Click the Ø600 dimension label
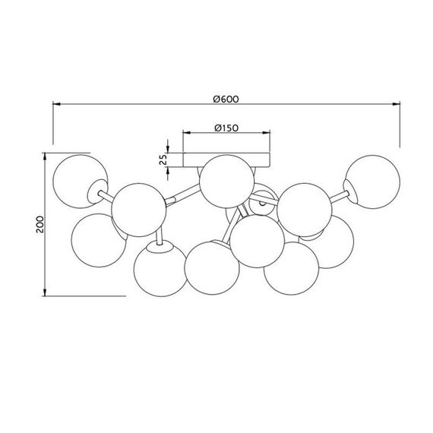pos(226,99)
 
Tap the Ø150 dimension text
pos(226,128)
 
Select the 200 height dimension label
pos(40,224)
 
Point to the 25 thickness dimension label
pos(163,160)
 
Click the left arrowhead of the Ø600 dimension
pos(56,104)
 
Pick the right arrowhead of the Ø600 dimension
pos(397,104)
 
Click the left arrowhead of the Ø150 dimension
pos(187,133)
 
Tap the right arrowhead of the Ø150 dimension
pos(266,133)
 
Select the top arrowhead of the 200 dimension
pos(45,156)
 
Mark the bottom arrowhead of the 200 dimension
pos(45,292)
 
